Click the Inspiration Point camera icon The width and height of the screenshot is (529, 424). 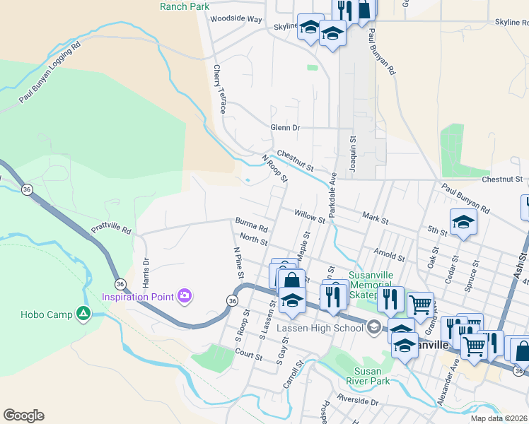(185, 295)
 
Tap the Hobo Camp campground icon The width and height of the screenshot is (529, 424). (84, 313)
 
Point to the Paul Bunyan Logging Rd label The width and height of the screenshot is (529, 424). (50, 73)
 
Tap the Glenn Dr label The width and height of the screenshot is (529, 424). (285, 128)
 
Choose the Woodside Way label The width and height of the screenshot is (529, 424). (236, 19)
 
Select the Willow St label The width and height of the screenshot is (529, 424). (310, 214)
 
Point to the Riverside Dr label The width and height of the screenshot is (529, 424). (359, 401)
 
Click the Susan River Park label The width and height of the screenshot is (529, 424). (368, 376)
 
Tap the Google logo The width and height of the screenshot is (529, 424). (23, 416)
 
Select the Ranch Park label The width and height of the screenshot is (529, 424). (185, 6)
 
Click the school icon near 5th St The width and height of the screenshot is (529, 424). (463, 222)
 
